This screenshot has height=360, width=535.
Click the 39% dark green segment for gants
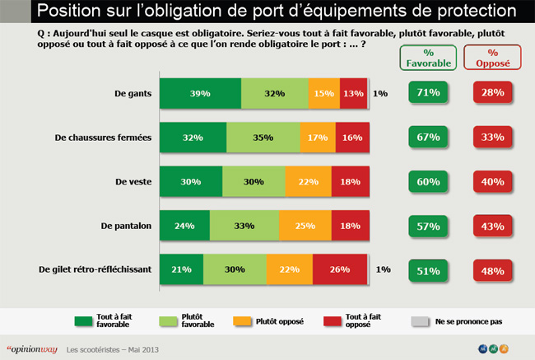click(x=199, y=94)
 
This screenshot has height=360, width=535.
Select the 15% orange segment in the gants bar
click(x=324, y=94)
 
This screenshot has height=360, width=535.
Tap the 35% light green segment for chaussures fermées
click(x=263, y=138)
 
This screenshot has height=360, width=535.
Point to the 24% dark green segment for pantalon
click(x=184, y=225)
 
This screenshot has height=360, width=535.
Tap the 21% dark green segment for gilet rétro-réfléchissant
click(x=180, y=269)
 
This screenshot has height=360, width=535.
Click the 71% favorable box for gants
click(x=426, y=93)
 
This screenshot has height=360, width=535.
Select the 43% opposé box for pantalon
click(x=492, y=225)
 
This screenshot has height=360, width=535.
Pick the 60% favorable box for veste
click(x=426, y=181)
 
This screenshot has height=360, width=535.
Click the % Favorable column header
click(x=426, y=57)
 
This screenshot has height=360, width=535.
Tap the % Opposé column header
click(x=491, y=57)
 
